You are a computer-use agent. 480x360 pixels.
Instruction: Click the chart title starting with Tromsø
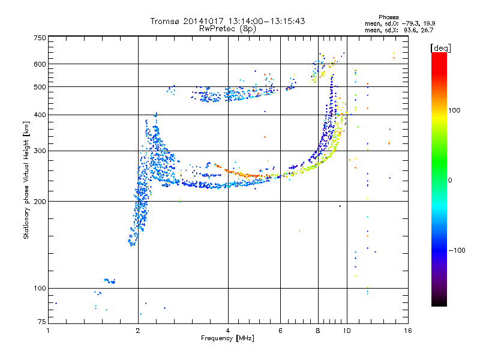[x=227, y=21]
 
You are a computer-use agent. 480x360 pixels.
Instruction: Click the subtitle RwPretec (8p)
[x=227, y=29]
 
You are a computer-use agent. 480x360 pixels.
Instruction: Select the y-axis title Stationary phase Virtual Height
[x=26, y=180]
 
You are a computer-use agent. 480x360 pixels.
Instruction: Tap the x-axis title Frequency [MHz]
[x=227, y=338]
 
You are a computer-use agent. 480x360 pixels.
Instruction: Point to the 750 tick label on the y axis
[x=40, y=38]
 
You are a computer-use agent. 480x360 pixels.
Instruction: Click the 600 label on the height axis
[x=40, y=64]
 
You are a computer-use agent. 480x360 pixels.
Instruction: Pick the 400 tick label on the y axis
[x=40, y=115]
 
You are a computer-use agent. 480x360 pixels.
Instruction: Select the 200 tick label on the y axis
[x=40, y=202]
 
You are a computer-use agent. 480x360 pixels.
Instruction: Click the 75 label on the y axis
[x=42, y=322]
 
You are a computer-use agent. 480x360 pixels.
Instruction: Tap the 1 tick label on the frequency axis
[x=48, y=331]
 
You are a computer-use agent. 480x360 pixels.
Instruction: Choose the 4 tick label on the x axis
[x=228, y=331]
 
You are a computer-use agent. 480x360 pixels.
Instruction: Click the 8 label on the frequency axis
[x=318, y=331]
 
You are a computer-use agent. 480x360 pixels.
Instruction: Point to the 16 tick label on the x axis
[x=408, y=331]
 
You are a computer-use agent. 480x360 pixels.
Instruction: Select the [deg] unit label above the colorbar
[x=440, y=49]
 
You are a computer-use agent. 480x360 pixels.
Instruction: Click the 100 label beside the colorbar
[x=454, y=110]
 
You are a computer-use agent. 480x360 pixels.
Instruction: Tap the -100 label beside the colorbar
[x=457, y=250]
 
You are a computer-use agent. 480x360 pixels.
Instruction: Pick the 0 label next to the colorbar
[x=450, y=181]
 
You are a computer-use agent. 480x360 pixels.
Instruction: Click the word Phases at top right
[x=389, y=17]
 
